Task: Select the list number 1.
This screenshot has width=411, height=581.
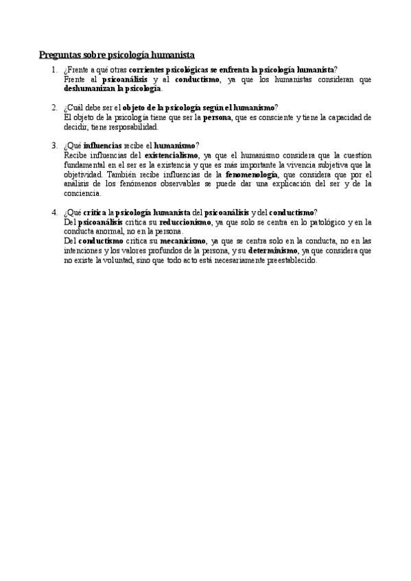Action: tap(54, 71)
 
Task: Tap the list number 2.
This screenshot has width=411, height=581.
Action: tap(54, 108)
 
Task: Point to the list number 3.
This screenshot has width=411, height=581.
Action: tap(54, 145)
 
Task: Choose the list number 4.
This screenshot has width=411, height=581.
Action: tap(54, 212)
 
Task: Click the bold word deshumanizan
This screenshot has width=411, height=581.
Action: tap(89, 88)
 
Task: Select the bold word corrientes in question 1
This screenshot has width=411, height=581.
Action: tap(148, 71)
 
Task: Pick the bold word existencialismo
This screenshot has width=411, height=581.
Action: tap(172, 155)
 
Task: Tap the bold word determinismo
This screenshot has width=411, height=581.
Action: tap(272, 251)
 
